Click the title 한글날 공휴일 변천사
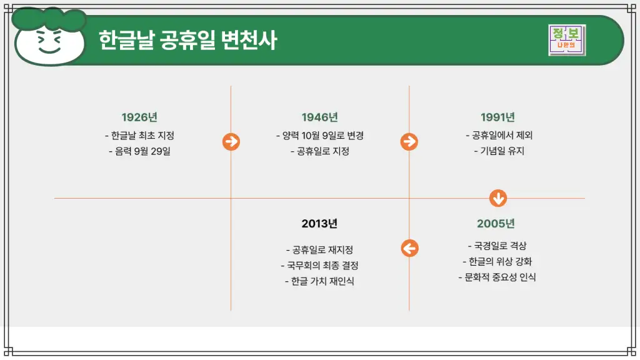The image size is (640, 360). click(x=187, y=41)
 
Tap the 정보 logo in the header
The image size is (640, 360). click(x=567, y=40)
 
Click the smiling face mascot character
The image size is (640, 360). click(x=49, y=37)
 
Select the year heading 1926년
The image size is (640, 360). click(x=139, y=117)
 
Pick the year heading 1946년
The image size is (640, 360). click(x=319, y=117)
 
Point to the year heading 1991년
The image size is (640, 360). click(x=497, y=117)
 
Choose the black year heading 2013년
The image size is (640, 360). click(x=319, y=224)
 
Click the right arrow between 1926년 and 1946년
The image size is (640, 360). click(x=231, y=142)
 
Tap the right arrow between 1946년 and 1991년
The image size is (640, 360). click(x=409, y=142)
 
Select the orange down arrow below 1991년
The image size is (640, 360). click(x=498, y=199)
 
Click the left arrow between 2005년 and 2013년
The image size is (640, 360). click(x=409, y=248)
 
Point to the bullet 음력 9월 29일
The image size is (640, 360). click(x=139, y=151)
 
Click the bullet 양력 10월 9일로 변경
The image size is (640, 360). click(x=319, y=136)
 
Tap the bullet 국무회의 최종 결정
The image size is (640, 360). click(x=319, y=266)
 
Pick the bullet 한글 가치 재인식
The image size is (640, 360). click(x=319, y=281)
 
